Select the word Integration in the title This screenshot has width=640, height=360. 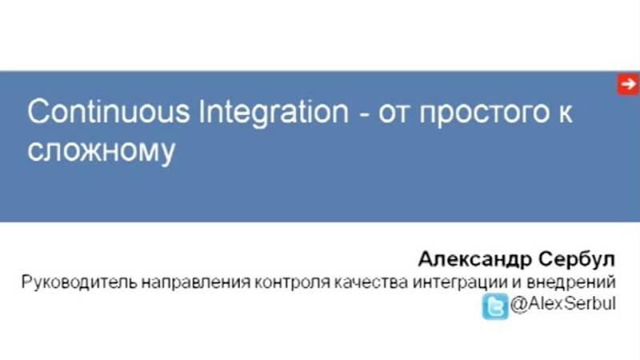(x=269, y=112)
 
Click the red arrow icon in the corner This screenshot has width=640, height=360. (x=627, y=84)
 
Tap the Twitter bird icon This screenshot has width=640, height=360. (x=494, y=306)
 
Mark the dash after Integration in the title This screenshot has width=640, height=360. (x=362, y=114)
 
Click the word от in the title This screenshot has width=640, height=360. (x=394, y=113)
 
